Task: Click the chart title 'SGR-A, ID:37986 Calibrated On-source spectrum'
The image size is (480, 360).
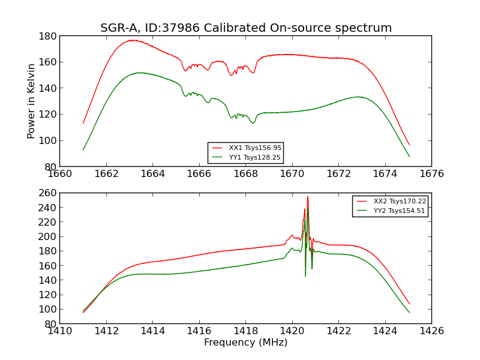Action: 246,28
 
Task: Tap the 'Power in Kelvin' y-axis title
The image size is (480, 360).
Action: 31,101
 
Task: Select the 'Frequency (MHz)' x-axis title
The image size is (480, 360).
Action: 245,343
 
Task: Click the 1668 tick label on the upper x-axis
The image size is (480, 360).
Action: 245,174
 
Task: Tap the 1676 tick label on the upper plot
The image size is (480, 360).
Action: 431,174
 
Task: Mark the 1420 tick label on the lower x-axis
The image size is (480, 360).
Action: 292,331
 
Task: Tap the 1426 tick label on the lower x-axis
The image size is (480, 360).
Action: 431,331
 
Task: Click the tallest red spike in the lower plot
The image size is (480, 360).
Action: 308,197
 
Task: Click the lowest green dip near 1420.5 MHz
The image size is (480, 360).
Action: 305,275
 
